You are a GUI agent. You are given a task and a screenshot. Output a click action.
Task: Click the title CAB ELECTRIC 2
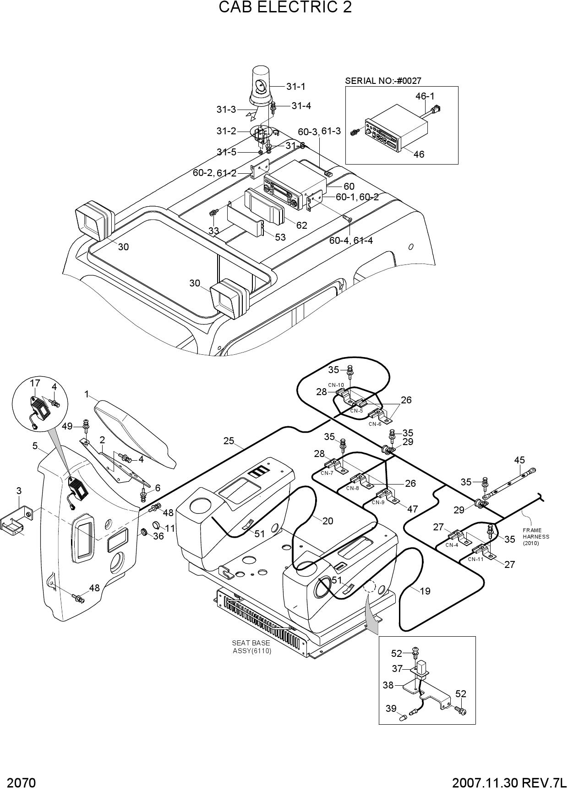point(285,7)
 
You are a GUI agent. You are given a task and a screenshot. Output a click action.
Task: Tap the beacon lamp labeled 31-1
point(261,88)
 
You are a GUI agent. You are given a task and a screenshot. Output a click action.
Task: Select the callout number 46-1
point(425,96)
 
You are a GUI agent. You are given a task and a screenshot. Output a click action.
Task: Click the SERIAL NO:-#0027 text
point(383,81)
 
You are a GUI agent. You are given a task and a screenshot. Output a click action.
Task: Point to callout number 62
point(301,226)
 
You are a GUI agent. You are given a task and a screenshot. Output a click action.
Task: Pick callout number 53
point(280,237)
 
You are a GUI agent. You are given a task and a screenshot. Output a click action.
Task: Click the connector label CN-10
point(336,385)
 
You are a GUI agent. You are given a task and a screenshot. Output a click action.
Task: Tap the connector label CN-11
point(475,559)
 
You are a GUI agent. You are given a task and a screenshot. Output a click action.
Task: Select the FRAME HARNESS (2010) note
point(535,537)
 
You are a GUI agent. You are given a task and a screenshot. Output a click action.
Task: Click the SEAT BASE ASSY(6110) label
point(251,647)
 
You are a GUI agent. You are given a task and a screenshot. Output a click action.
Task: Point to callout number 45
point(519,460)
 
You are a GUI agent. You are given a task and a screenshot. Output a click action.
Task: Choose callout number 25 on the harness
point(229,441)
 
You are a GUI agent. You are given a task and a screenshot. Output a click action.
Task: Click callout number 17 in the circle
point(35,383)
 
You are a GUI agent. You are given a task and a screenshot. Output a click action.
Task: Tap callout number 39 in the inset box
point(391,709)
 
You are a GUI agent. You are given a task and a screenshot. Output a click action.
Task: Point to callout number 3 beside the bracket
point(19,491)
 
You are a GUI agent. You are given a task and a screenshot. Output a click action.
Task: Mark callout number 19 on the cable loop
point(425,591)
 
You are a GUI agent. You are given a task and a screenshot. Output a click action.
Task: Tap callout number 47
point(412,509)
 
